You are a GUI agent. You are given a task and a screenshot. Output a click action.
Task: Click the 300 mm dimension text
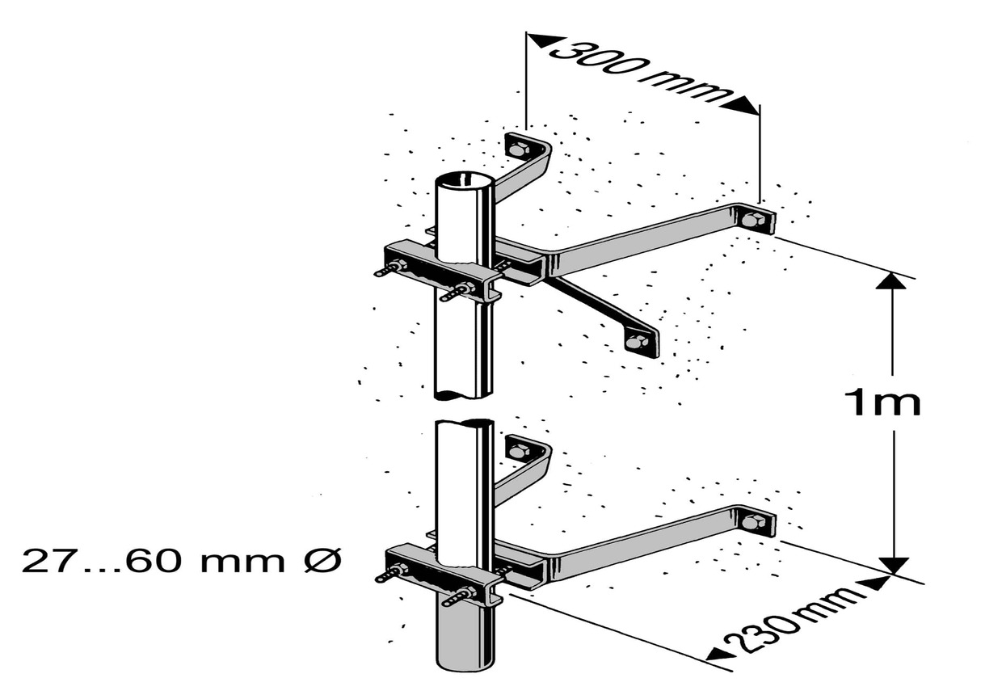pos(641,73)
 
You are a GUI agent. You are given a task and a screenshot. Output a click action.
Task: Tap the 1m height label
pos(882,403)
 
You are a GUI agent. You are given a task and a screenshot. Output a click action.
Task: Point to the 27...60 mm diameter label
pos(181,562)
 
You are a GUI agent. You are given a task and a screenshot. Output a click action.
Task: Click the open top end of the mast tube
pos(465,182)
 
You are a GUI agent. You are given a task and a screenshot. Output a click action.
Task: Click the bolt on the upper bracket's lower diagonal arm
pos(637,342)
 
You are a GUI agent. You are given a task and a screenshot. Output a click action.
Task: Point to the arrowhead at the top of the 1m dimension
pos(891,281)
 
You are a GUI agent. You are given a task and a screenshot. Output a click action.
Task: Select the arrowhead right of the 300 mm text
pos(741,106)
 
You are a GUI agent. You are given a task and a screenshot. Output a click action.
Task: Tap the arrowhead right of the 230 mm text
pos(876,583)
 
